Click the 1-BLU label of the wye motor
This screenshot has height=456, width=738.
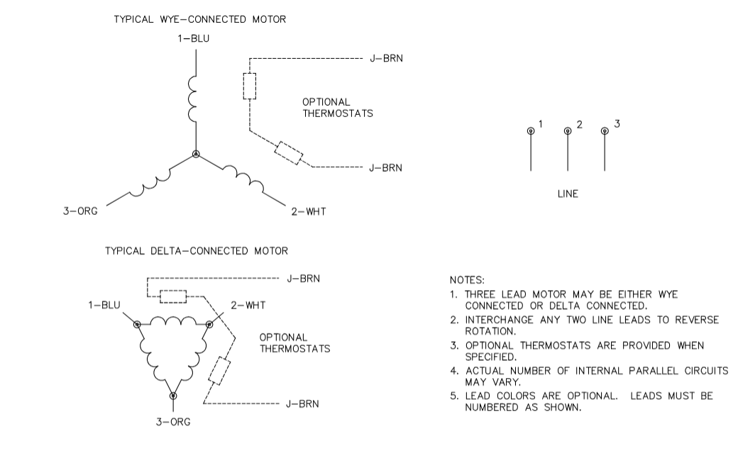coord(193,38)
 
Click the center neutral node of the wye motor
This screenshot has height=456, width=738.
coord(197,154)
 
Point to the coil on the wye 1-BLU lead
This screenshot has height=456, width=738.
coord(193,99)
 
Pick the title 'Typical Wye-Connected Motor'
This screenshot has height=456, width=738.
coord(200,19)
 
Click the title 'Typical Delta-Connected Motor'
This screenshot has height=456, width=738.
coord(197,251)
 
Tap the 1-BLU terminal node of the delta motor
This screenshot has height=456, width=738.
coord(137,324)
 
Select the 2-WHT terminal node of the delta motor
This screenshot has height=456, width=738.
coord(209,324)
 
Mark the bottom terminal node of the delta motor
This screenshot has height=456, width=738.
coord(173,395)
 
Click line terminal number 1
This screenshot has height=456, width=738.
coord(531,130)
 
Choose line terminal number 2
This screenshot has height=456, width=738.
coord(568,130)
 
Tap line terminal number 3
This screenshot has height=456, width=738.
coord(605,130)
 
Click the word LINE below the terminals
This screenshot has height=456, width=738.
coord(568,194)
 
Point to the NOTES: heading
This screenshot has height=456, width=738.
coord(467,281)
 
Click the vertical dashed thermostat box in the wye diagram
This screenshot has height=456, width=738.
coord(250,86)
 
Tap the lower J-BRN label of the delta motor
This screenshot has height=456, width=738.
coord(302,404)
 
